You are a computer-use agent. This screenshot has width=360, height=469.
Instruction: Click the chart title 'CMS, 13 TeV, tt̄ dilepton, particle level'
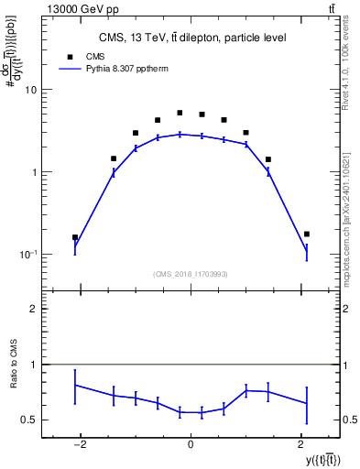coord(192,38)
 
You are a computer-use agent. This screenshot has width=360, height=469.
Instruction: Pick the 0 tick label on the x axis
coord(191,445)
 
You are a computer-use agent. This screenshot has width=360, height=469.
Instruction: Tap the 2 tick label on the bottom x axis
coord(301,445)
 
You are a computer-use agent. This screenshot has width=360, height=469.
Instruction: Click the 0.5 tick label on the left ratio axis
coord(29,420)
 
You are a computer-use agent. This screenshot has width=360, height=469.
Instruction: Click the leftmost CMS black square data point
coord(75,237)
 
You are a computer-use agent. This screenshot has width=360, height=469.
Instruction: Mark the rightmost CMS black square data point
coord(307,234)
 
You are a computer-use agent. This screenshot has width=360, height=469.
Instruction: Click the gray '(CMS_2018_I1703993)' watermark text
coord(191,273)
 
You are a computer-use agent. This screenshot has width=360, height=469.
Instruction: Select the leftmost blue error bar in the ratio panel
coord(75,386)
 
